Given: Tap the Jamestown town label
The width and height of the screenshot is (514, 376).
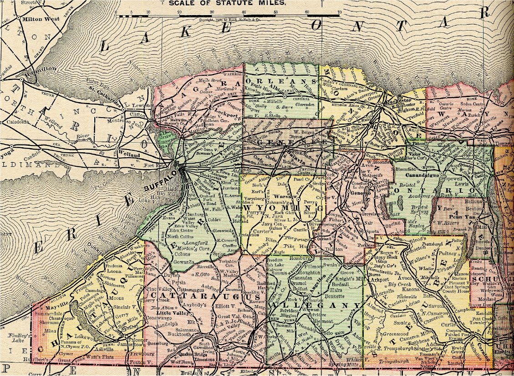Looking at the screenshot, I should (129, 345).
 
